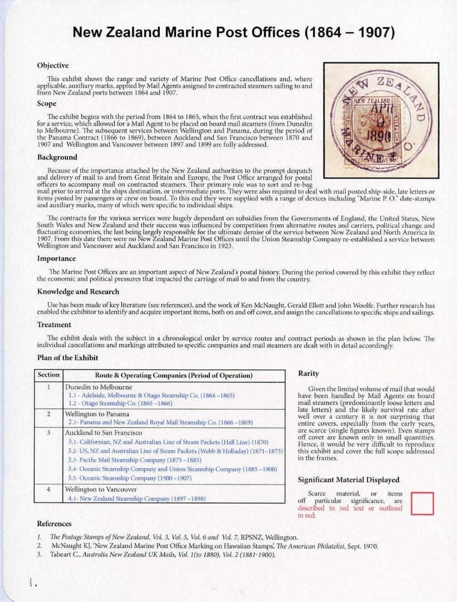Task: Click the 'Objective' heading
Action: pos(53,65)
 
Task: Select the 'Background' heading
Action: pos(57,157)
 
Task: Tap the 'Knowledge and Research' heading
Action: pos(78,291)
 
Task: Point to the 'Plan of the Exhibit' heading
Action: pos(67,357)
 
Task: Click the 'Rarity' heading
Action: pos(308,373)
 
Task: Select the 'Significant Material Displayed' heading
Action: pos(348,480)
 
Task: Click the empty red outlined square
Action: pos(423,503)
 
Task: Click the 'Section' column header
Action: pos(48,376)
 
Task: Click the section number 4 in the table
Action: pos(48,489)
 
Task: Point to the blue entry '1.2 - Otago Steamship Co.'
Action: pos(120,403)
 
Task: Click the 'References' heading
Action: pos(54,524)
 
